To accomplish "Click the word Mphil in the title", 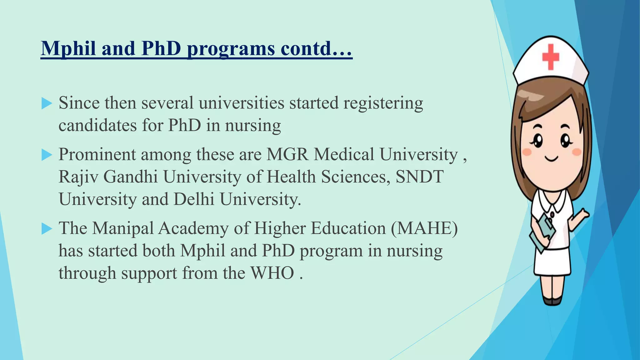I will (x=68, y=49).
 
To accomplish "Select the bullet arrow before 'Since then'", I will (x=47, y=103).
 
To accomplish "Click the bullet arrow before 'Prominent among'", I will (x=47, y=155).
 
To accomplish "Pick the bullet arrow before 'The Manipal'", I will (x=47, y=229).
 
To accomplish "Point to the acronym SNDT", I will (x=419, y=177).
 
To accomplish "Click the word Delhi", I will (x=194, y=199).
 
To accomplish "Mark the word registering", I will (x=383, y=103).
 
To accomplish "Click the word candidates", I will (x=97, y=126).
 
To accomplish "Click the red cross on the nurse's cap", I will (x=550, y=57).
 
